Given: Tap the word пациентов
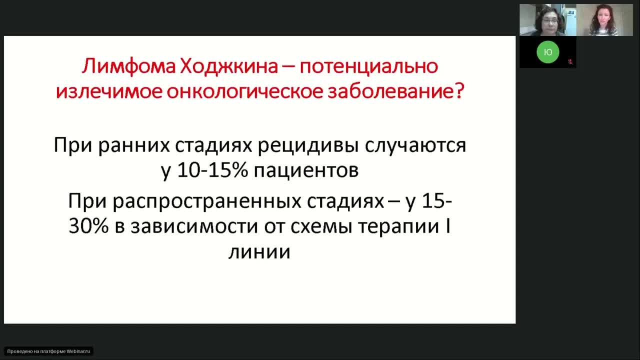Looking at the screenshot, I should pos(306,171).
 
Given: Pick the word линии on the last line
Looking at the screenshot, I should pos(259,251).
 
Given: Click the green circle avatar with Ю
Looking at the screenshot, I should pos(548,52).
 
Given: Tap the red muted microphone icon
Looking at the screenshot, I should pos(570,62).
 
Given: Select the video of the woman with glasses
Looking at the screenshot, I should pos(547,20).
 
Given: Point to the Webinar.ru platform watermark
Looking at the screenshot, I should pos(48,351).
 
